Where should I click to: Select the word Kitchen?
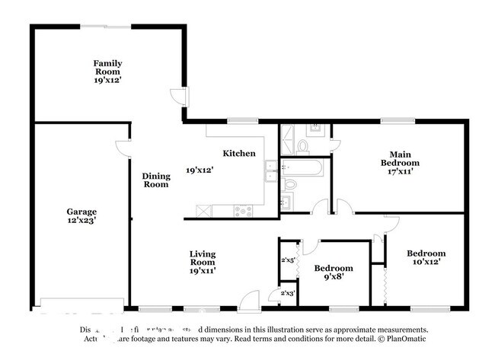click(238, 153)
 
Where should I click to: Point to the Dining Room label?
click(156, 180)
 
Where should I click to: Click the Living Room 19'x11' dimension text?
click(202, 271)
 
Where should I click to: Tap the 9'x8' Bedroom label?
click(334, 278)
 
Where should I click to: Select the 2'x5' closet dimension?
click(287, 260)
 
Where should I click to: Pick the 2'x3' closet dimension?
click(287, 293)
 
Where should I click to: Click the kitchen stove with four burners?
click(244, 211)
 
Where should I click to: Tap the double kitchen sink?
click(270, 171)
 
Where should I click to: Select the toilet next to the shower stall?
click(303, 144)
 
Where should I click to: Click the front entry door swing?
click(248, 301)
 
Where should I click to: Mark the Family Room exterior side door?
click(177, 97)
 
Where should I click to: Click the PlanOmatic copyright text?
click(401, 339)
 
